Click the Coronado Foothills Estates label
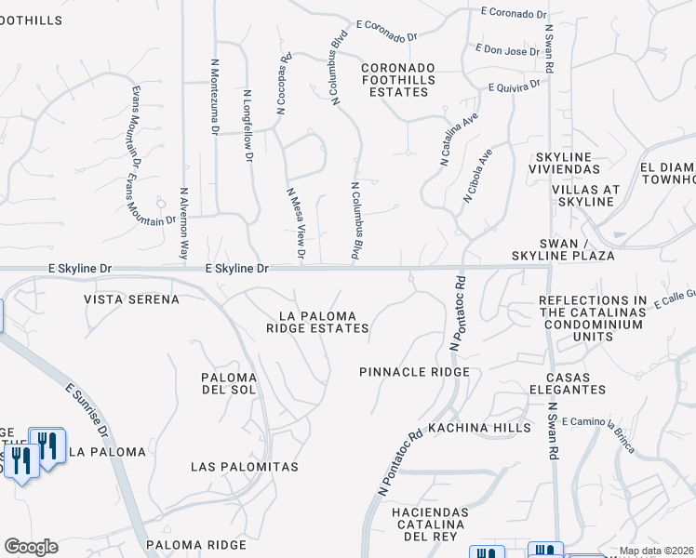[397, 80]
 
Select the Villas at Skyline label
[585, 195]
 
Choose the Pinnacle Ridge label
[414, 372]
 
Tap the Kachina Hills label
[480, 428]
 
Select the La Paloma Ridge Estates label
[317, 322]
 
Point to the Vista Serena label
[131, 299]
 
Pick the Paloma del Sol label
[229, 383]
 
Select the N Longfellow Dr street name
[248, 126]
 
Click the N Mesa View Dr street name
[296, 223]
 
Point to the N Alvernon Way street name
[184, 224]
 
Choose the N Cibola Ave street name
[478, 174]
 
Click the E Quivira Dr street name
[514, 86]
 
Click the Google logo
[31, 547]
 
